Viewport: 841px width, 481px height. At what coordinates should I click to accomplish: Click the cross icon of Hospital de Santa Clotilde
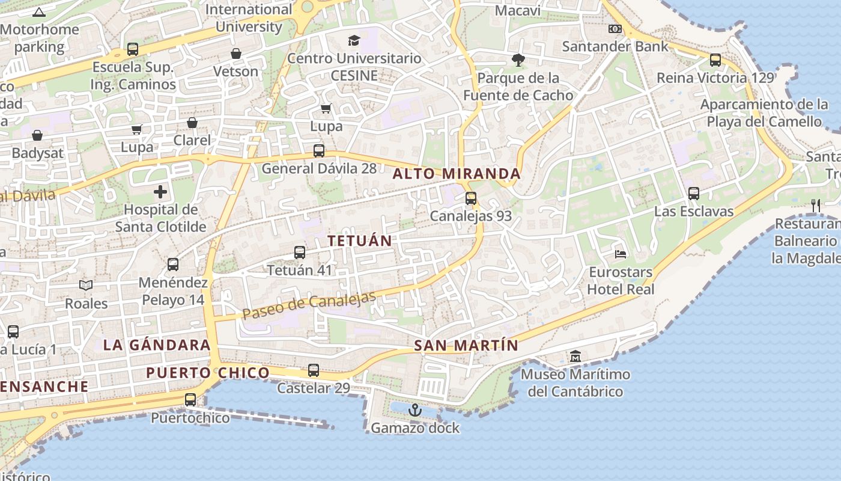(x=160, y=192)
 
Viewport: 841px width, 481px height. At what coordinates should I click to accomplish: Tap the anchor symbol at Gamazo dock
(x=414, y=411)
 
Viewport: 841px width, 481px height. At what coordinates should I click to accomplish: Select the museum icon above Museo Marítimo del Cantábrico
(x=575, y=357)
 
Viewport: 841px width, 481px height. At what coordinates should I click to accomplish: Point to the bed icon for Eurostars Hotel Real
(x=621, y=254)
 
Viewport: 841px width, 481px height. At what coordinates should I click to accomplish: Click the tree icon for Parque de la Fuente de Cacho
(x=518, y=60)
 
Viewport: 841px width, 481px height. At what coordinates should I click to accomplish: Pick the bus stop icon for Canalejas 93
(x=471, y=198)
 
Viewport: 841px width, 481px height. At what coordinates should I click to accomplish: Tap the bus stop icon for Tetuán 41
(x=300, y=253)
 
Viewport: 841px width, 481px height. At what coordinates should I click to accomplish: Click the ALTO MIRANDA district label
(x=457, y=174)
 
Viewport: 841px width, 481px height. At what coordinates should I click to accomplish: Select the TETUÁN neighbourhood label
(x=359, y=240)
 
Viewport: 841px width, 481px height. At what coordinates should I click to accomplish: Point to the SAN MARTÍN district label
(x=466, y=346)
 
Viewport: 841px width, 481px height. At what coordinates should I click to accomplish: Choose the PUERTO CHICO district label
(x=208, y=373)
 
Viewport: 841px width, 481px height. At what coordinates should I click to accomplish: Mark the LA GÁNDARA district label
(x=157, y=345)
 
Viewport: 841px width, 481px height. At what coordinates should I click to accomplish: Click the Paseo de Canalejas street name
(x=309, y=305)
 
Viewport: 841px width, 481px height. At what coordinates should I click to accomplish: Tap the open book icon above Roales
(x=86, y=286)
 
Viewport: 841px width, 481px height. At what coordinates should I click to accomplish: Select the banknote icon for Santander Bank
(x=615, y=29)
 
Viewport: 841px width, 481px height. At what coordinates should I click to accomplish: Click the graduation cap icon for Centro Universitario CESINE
(x=354, y=41)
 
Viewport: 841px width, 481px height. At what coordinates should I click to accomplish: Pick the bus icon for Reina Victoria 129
(x=715, y=60)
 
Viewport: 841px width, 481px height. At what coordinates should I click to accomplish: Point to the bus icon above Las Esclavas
(x=694, y=194)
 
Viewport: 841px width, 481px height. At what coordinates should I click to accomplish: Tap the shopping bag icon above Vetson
(x=236, y=54)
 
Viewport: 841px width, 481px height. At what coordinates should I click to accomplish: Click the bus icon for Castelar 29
(x=314, y=370)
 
